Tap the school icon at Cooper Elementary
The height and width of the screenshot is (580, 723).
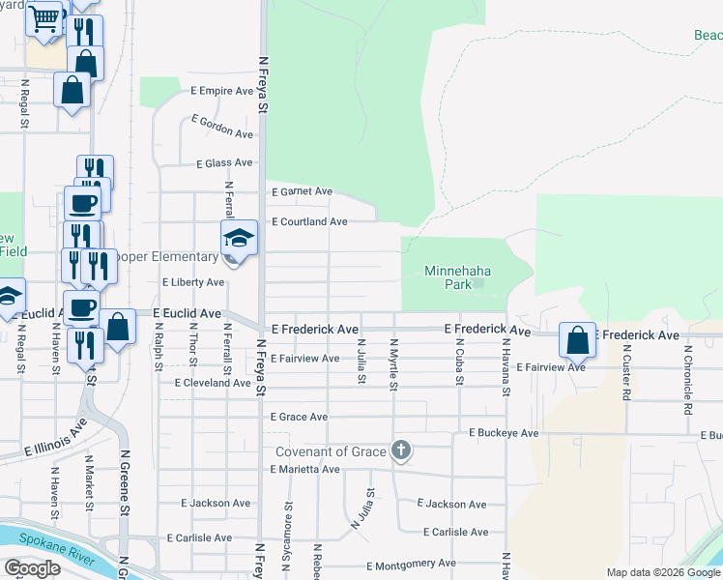[x=239, y=237]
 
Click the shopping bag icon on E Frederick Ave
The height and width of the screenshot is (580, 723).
[x=577, y=340]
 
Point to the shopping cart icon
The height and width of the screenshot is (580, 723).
[x=43, y=18]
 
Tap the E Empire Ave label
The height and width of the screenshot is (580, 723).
[x=219, y=93]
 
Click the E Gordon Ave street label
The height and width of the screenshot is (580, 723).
[x=221, y=127]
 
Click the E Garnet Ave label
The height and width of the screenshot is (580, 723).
[x=302, y=191]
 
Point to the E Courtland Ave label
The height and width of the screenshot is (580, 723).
[x=308, y=221]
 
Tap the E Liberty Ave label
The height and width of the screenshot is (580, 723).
[x=193, y=282]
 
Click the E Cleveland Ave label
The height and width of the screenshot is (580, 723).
[x=213, y=383]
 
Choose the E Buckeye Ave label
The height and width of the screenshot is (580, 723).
[x=504, y=433]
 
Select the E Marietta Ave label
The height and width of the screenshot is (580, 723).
[x=305, y=469]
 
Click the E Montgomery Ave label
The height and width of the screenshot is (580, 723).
[x=411, y=564]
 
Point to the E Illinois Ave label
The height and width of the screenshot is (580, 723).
[x=55, y=437]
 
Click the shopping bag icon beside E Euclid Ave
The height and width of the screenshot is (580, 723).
[x=118, y=328]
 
